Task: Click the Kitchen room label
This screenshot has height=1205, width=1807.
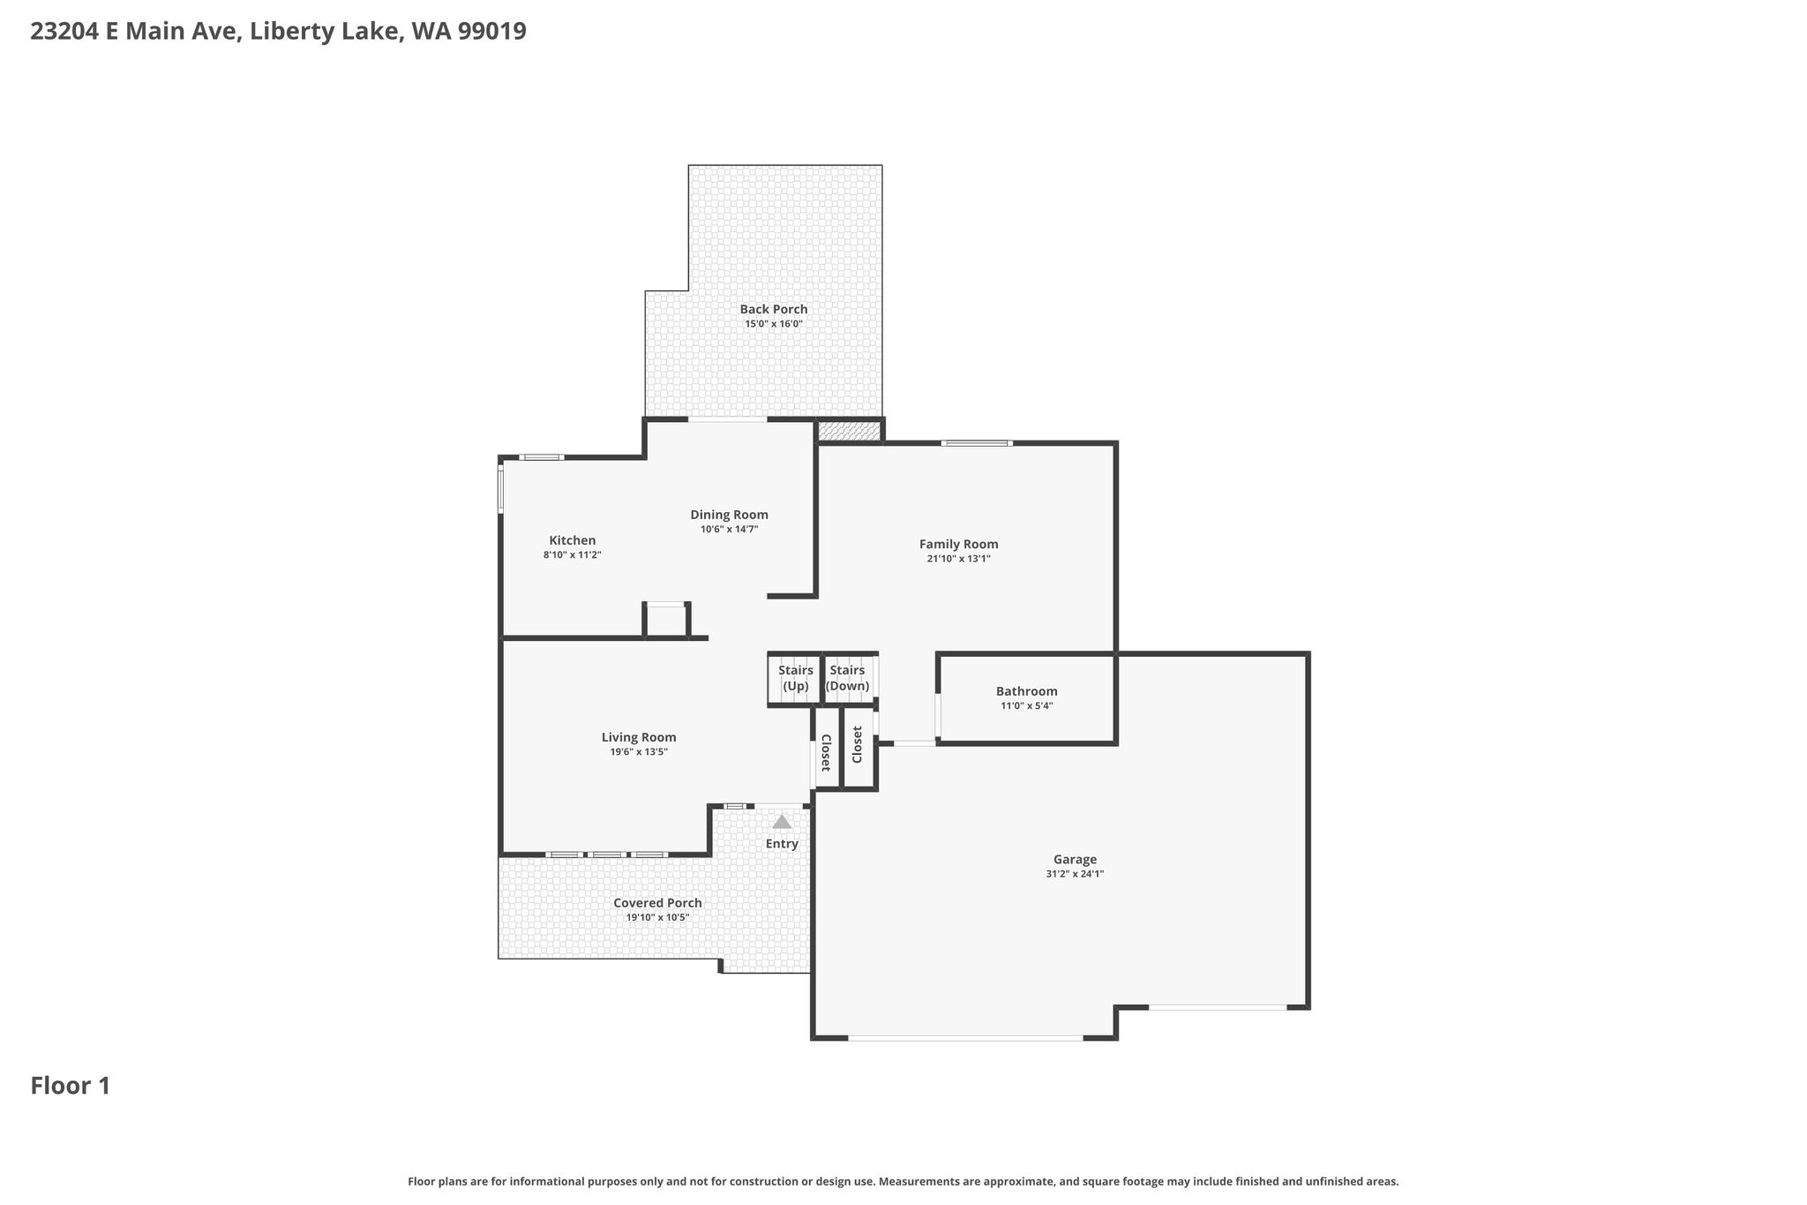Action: coord(573,540)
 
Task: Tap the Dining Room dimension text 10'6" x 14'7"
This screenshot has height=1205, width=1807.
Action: coord(730,530)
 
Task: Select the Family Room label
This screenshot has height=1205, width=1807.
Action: coord(959,544)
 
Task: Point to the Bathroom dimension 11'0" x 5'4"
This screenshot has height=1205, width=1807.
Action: coord(1027,706)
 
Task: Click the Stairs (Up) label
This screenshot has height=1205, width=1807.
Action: coord(796,678)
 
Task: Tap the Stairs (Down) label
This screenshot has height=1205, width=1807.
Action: coord(847,678)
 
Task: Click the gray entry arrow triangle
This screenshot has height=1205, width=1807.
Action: coord(782,821)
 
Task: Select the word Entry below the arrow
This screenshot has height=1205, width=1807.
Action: coord(782,844)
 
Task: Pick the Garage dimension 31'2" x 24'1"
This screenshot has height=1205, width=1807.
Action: coord(1075,874)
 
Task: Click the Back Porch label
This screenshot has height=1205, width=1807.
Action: coord(774,309)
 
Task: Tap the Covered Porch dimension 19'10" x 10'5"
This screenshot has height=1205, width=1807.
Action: coord(657,918)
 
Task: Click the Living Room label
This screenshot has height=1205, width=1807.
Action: coord(639,737)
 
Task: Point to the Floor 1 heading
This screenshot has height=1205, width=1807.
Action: coord(71,1086)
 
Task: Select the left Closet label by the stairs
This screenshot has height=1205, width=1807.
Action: coord(826,752)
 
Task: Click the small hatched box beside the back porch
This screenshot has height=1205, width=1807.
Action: coord(849,431)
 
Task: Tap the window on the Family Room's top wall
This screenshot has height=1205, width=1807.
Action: coord(976,443)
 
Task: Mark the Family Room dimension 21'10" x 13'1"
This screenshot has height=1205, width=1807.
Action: coord(959,559)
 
